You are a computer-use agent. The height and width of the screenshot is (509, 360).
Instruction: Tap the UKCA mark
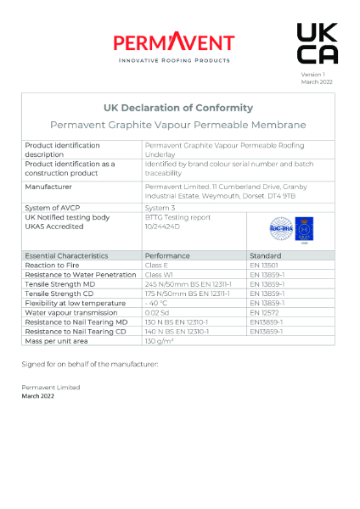317,43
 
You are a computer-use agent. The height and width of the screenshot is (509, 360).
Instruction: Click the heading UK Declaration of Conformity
177,108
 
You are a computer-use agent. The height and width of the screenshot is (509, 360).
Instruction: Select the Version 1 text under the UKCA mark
312,75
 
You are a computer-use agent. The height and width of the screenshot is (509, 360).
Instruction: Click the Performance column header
167,255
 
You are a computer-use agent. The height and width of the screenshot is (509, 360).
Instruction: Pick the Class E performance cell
159,266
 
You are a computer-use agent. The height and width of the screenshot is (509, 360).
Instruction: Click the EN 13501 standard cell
266,266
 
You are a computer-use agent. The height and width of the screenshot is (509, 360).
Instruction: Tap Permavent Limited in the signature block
50,387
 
